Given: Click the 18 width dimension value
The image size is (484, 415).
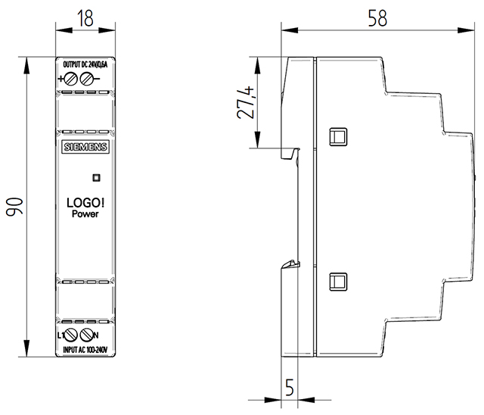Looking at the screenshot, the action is [85, 18].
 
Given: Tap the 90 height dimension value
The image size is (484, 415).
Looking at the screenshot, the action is [14, 207].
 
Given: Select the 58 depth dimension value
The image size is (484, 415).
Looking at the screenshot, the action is [377, 18].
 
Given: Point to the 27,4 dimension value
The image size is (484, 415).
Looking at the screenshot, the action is [246, 102].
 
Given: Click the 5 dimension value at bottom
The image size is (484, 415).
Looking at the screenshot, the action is [289, 387].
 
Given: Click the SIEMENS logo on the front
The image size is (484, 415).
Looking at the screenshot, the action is [85, 147].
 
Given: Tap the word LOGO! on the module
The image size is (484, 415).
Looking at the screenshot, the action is [85, 203].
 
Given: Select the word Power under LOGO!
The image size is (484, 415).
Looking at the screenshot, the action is [85, 214].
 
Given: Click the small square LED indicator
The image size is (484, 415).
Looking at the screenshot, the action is [96, 178].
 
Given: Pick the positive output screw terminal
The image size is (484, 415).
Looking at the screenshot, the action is [70, 79].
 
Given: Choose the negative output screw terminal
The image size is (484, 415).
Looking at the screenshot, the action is [86, 79].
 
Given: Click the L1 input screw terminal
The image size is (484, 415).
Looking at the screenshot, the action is [71, 335].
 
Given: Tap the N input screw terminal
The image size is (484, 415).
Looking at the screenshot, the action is [87, 335].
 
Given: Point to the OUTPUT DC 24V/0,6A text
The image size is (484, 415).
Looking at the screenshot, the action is [85, 64].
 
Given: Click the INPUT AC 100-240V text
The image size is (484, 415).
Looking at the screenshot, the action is [85, 350].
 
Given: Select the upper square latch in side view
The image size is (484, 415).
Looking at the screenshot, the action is [338, 136].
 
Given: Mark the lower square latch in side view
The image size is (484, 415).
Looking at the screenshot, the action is [338, 282].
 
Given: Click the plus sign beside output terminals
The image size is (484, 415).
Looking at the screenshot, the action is [60, 79].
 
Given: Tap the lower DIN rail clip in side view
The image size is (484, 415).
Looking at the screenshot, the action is [291, 264].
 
